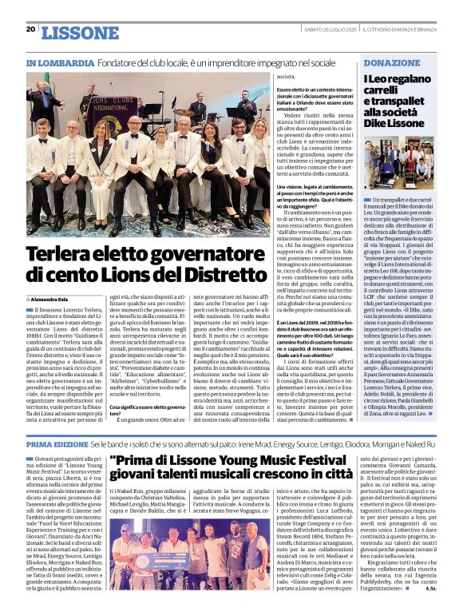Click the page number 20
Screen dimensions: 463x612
click(30, 29)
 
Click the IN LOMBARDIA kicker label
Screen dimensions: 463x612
click(61, 62)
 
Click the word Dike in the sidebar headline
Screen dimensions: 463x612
click(379, 124)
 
